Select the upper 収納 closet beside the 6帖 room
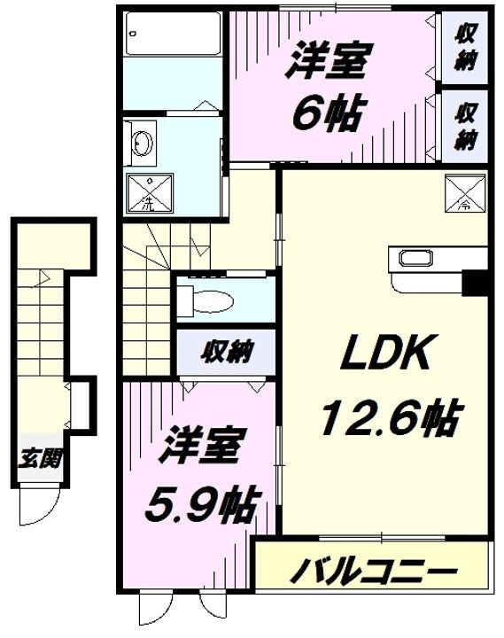click(466, 48)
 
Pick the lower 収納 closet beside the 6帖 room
click(466, 126)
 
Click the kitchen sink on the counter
click(415, 260)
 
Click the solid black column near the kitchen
click(476, 283)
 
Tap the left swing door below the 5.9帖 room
click(151, 611)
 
